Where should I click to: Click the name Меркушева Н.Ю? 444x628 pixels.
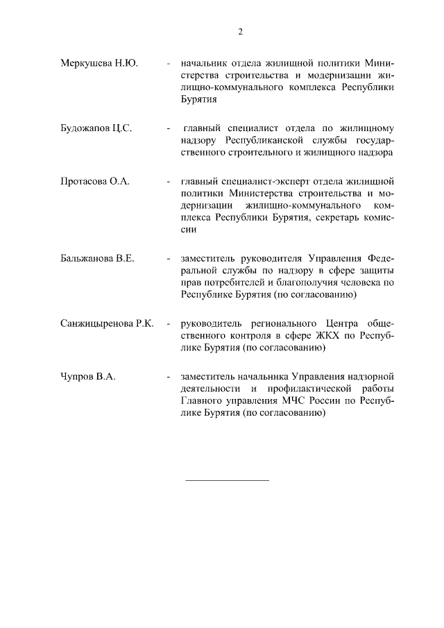(99, 64)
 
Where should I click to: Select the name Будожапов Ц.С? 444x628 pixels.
(96, 128)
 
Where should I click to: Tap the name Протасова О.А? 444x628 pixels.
(95, 181)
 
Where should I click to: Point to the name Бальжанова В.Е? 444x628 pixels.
(97, 258)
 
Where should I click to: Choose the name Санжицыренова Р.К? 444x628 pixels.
(107, 323)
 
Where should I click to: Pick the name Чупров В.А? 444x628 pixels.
(87, 376)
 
